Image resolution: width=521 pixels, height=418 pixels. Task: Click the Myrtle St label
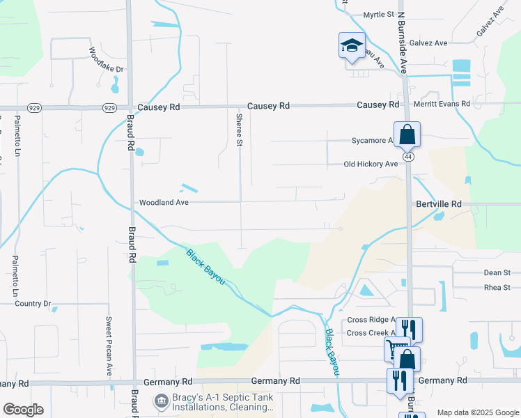(379, 14)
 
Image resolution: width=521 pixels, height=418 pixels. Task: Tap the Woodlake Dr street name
(106, 60)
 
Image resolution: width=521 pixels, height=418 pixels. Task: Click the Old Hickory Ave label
(371, 164)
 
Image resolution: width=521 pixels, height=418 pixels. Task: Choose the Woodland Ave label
(164, 202)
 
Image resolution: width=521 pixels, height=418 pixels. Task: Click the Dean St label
(497, 273)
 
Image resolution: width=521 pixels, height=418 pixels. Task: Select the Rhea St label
(497, 287)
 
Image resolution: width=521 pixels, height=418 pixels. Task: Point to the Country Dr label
(33, 304)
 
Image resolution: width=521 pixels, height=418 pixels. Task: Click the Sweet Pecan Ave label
(109, 346)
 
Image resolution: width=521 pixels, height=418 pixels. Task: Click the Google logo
(23, 410)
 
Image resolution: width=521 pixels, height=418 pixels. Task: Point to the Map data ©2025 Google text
(477, 412)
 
